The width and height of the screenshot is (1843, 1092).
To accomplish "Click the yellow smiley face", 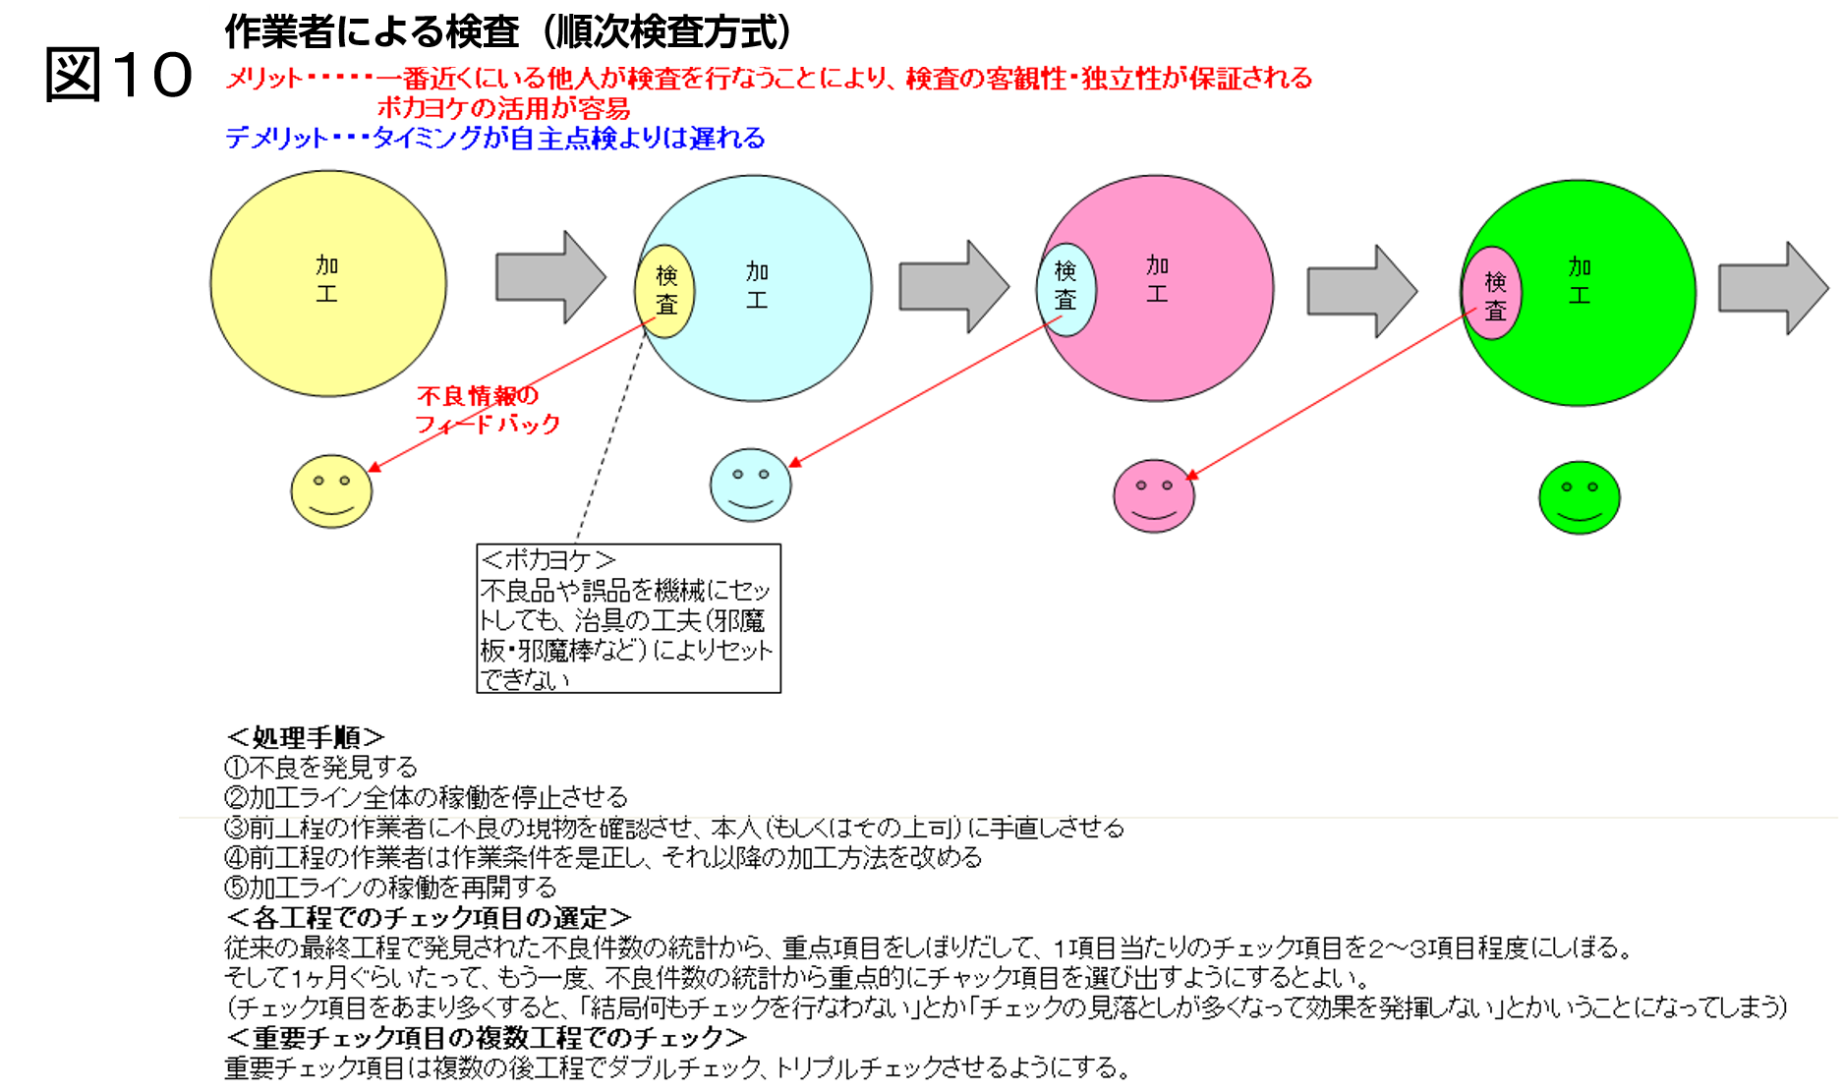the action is click(x=331, y=491).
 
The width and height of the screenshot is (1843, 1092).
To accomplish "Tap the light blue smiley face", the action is click(x=751, y=486).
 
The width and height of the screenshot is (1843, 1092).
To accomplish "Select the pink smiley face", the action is click(x=1154, y=496).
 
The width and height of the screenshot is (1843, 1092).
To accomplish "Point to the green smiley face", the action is click(x=1580, y=498).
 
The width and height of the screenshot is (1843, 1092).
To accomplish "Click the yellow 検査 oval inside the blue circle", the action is click(x=665, y=291).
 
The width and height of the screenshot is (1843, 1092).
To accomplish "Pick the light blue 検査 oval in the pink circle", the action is click(x=1065, y=290).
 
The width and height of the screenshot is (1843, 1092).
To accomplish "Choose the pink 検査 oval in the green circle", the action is click(x=1493, y=293).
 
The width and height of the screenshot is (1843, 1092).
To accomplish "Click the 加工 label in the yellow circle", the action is click(x=327, y=279).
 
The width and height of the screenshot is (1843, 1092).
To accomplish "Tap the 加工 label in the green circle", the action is click(x=1580, y=281).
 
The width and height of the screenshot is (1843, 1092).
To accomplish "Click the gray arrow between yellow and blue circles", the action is click(x=550, y=277).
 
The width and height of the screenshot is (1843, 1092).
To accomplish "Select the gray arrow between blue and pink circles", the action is click(x=954, y=286).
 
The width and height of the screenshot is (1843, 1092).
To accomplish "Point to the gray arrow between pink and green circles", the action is click(x=1362, y=291).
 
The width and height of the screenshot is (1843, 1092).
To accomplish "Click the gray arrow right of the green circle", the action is click(x=1773, y=288).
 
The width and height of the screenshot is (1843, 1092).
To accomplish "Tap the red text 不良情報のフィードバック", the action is click(x=488, y=410).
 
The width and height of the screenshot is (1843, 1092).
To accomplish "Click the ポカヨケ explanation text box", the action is click(x=629, y=618).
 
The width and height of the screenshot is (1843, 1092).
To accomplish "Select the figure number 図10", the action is click(x=119, y=75).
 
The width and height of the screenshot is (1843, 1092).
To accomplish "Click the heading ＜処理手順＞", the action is click(x=305, y=737).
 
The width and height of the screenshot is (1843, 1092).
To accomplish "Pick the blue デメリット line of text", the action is click(x=495, y=138).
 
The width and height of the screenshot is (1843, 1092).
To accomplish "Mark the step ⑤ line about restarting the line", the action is click(x=390, y=888).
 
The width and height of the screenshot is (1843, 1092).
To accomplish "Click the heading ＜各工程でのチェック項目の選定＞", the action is click(x=429, y=918).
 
